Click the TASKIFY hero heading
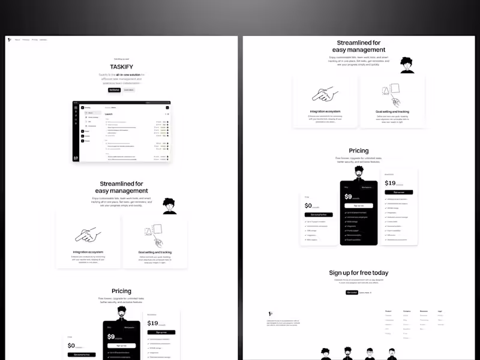point(121,67)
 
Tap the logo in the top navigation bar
point(10,40)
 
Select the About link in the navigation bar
point(17,40)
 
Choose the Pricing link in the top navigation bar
point(35,40)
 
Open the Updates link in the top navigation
point(43,40)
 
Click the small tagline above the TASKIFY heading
point(121,59)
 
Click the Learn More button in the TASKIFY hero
point(129,90)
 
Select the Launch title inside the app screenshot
point(109,114)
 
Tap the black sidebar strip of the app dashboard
point(76,132)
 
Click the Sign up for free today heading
point(358,273)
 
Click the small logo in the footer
point(270,313)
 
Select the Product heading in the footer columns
point(388,311)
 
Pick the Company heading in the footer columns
point(406,311)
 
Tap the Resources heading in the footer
point(424,311)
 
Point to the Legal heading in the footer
point(440,311)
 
